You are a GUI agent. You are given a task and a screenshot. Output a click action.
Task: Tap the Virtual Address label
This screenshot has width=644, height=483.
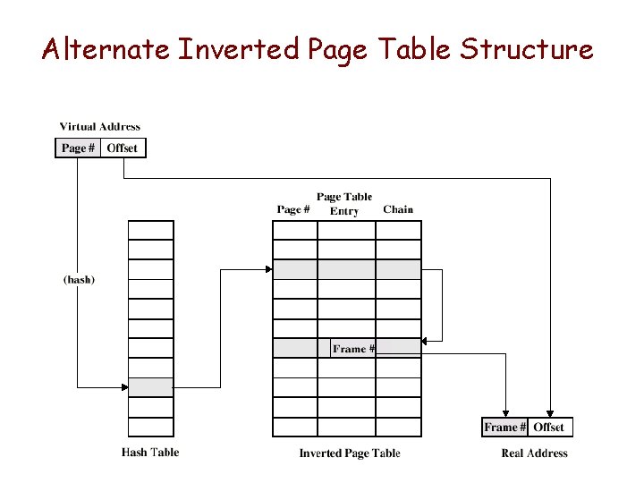click(x=99, y=127)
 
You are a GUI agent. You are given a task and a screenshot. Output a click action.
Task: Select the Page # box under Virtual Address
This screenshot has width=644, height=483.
click(x=79, y=148)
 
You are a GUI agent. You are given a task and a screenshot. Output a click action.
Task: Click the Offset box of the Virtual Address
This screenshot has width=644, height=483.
click(x=123, y=148)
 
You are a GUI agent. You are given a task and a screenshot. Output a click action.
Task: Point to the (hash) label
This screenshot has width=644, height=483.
click(x=79, y=280)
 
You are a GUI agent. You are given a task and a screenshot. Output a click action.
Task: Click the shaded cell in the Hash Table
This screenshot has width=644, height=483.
click(x=150, y=387)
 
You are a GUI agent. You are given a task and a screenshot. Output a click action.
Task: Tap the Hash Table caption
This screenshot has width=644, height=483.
click(x=150, y=453)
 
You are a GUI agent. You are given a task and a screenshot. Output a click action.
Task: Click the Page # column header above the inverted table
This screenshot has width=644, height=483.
click(x=293, y=209)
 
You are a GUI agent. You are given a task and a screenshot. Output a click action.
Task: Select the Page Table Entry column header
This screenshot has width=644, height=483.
click(x=344, y=204)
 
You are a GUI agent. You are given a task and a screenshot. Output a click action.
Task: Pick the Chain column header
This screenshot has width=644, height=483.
click(x=398, y=209)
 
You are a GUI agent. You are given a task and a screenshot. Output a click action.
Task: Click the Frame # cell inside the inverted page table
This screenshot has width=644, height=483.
click(x=353, y=349)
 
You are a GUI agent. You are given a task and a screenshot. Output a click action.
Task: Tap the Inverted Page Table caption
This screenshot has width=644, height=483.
click(x=350, y=453)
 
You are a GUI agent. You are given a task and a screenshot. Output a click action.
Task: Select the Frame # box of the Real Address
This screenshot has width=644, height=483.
click(x=504, y=428)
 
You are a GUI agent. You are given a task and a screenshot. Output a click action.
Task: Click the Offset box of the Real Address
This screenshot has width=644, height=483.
click(x=549, y=428)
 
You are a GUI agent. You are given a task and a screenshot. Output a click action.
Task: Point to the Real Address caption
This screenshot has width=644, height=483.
click(x=535, y=453)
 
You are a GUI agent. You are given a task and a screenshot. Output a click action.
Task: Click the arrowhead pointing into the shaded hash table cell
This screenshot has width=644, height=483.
click(x=124, y=387)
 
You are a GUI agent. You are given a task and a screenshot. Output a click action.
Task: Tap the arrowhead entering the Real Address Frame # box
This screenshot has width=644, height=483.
click(x=506, y=413)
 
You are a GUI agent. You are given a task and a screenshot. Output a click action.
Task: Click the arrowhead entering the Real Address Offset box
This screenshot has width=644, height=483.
click(x=549, y=413)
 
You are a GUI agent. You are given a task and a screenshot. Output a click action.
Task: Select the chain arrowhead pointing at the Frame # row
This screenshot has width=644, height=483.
click(x=425, y=340)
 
